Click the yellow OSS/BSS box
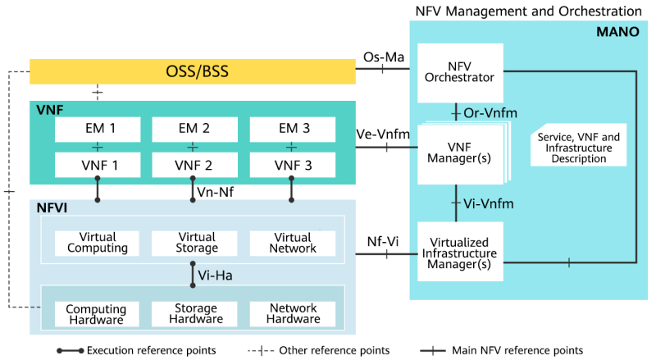pos(193,72)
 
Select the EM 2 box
pos(194,129)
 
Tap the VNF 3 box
pos(292,165)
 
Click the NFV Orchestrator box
pos(459,72)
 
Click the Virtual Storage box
pos(194,243)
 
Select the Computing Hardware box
pos(97,313)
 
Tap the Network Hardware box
pos(292,313)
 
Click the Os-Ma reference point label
pos(383,57)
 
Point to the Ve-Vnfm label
pos(383,134)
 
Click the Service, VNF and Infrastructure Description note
pos(578,148)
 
